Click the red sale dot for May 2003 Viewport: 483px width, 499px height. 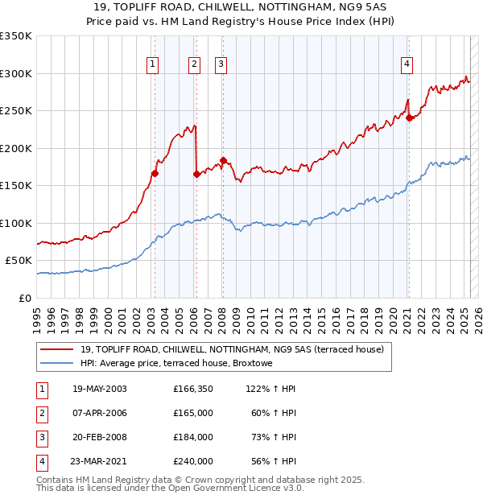[155, 172]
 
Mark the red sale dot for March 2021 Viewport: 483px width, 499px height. [409, 118]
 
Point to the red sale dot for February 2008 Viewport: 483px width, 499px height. [223, 159]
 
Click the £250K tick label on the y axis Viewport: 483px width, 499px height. [16, 111]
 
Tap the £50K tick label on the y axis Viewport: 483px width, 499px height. [19, 261]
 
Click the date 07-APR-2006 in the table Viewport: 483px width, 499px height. [99, 413]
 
